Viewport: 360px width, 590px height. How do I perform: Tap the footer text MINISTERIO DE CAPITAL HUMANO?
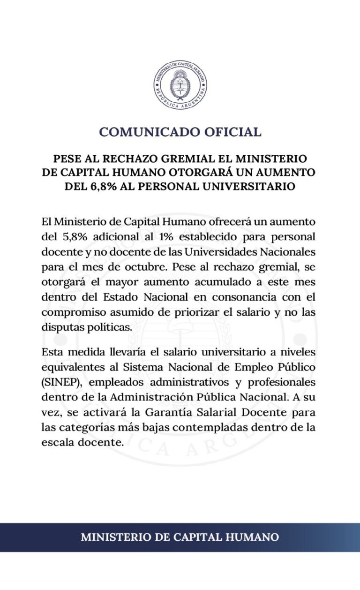[180, 537]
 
